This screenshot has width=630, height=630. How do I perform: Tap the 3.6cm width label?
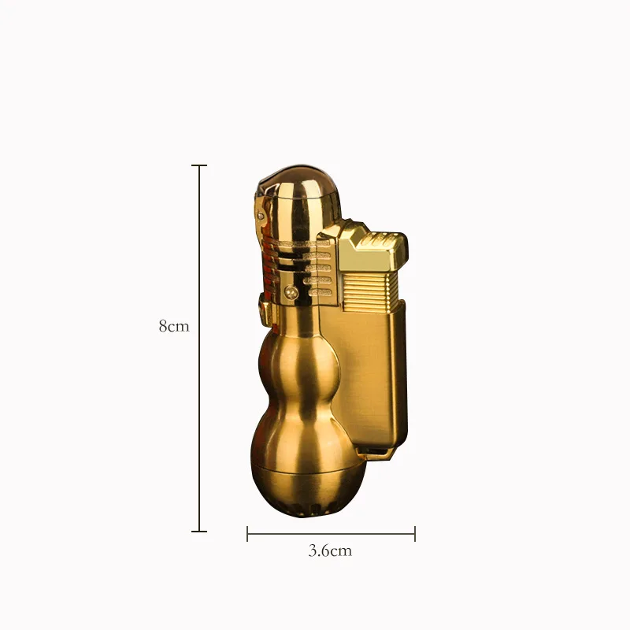[329, 551]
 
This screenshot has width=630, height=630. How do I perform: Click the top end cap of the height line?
[199, 166]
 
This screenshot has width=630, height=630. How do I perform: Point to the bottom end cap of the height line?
[199, 531]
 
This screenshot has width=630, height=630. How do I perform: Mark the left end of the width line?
[248, 535]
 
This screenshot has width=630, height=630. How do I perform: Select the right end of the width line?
[414, 535]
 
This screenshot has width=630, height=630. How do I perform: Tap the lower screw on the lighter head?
[292, 293]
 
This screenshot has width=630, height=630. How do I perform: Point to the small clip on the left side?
[263, 307]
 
